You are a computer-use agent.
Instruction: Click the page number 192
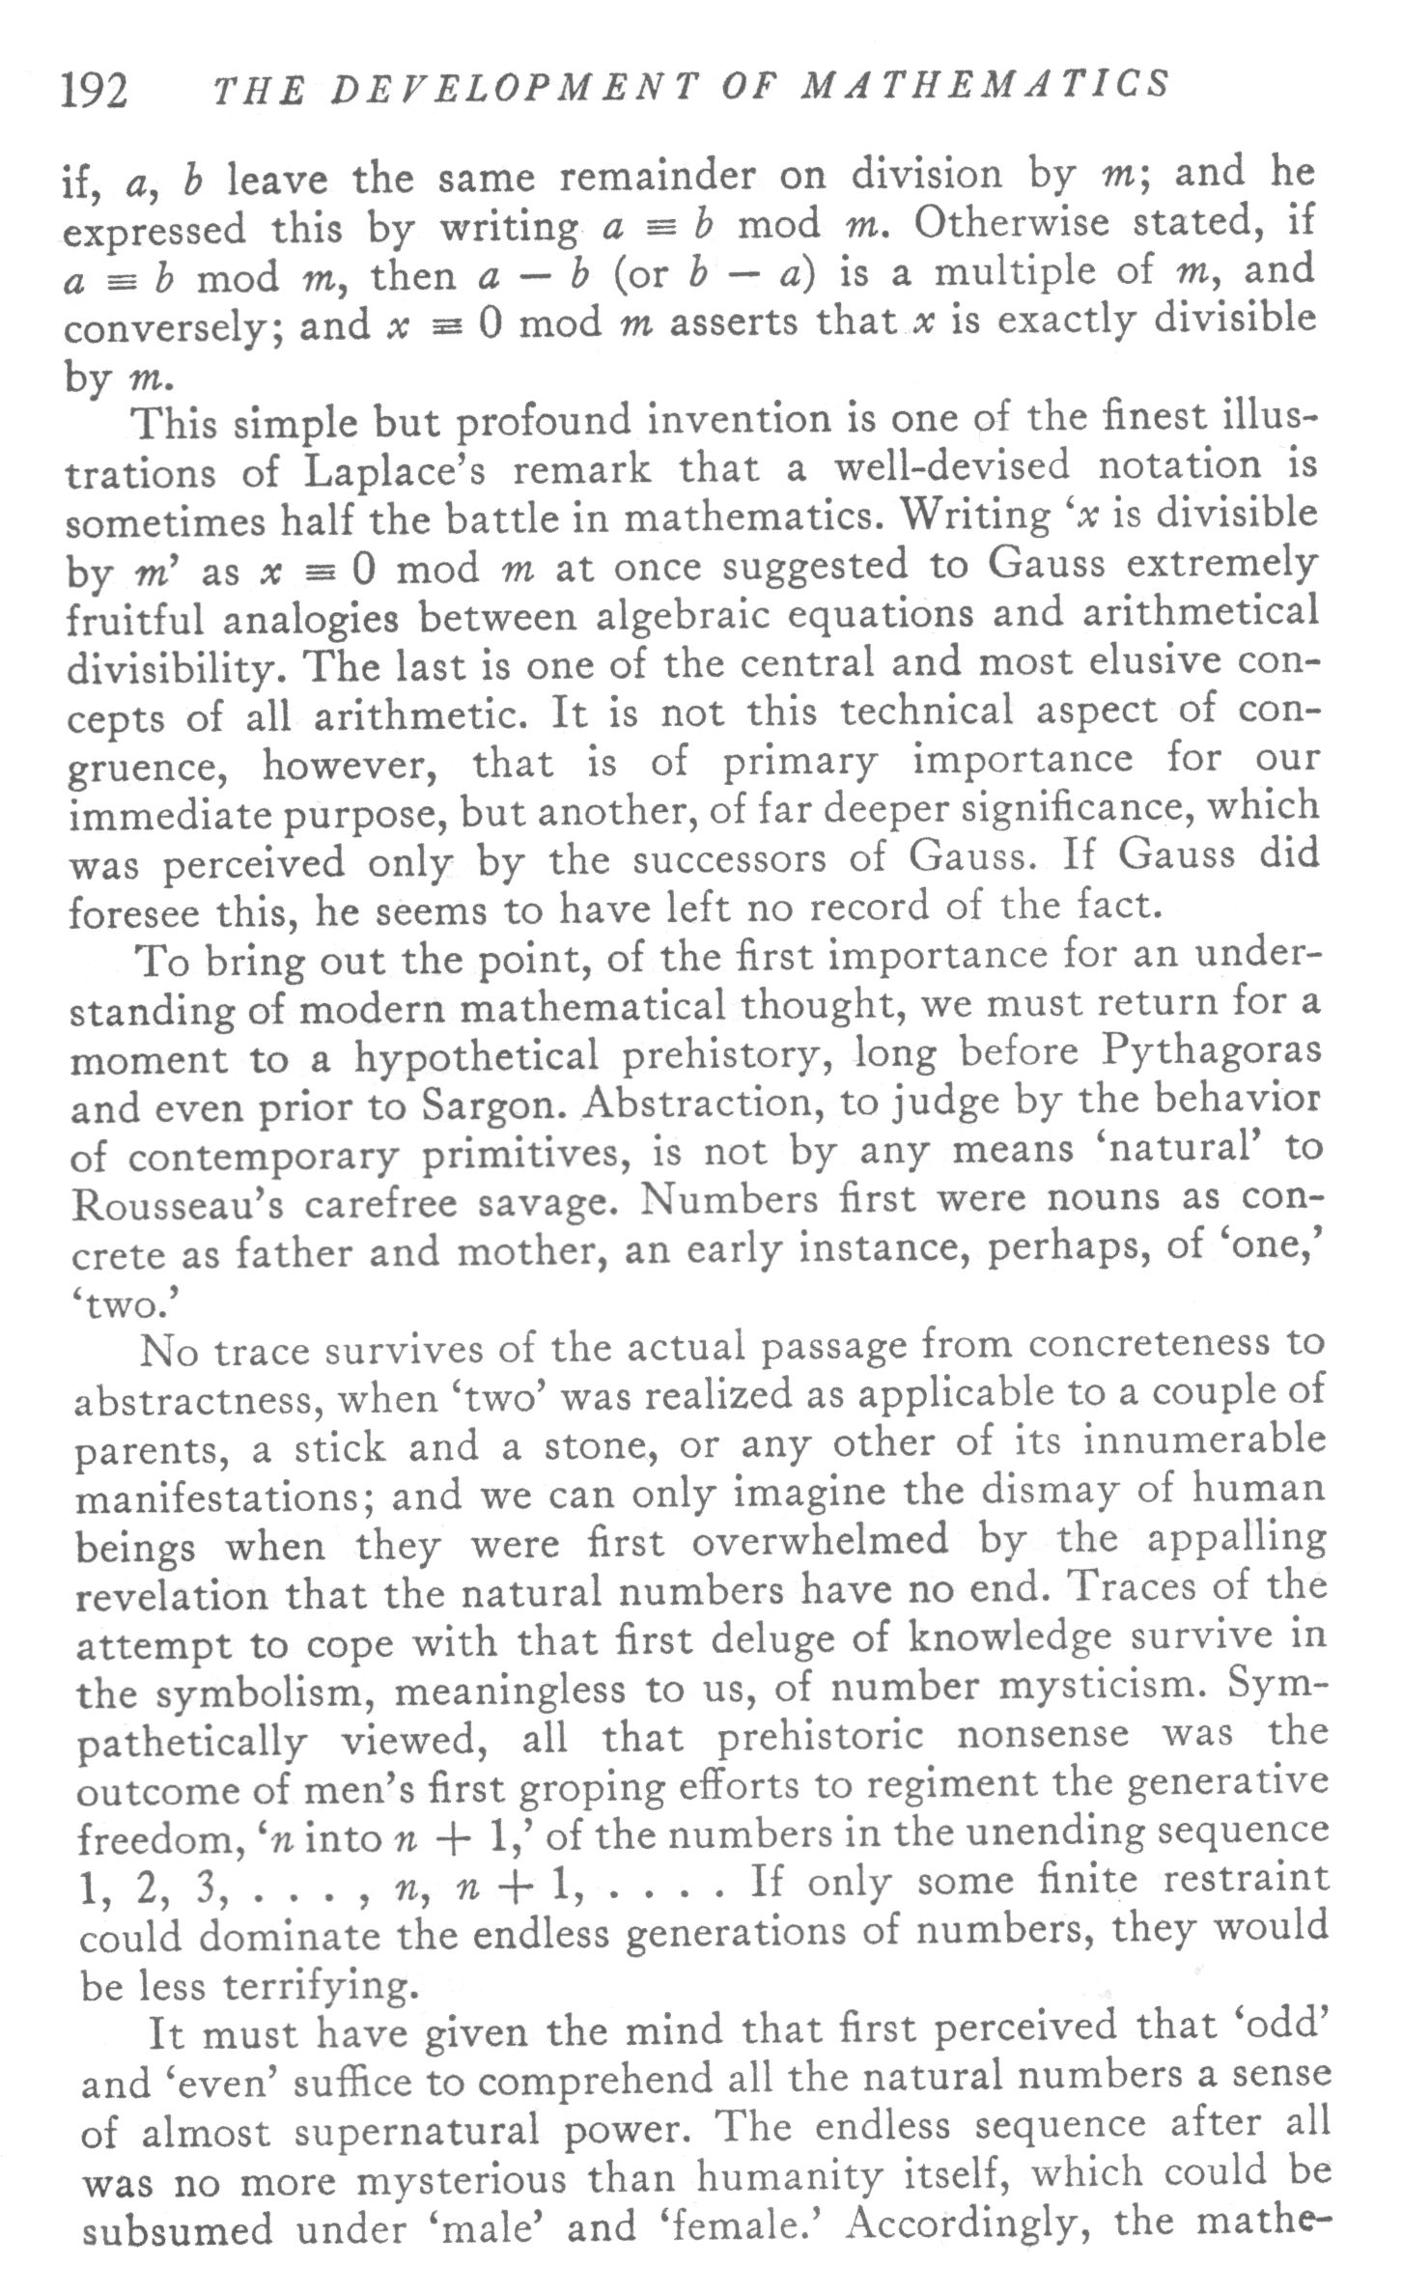[x=94, y=93]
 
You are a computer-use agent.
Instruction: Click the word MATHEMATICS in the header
[x=986, y=86]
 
